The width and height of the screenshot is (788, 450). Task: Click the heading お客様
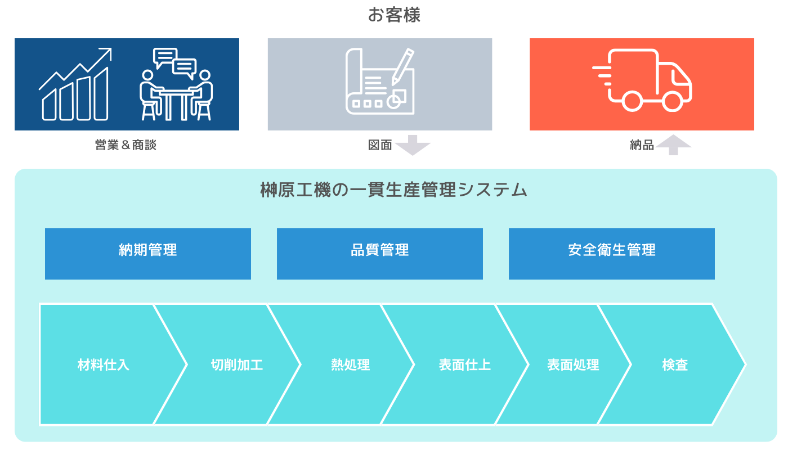coord(394,15)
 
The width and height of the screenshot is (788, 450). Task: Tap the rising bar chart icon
coord(75,84)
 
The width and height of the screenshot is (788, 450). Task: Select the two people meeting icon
coord(176,84)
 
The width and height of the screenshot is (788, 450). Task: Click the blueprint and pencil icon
coord(380,81)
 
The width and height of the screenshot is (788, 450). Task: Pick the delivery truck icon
coord(642,80)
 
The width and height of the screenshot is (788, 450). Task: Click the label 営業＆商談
coord(126,145)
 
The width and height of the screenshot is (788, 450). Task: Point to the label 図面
coord(380,145)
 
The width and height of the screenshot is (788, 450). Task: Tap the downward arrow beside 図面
coord(413,145)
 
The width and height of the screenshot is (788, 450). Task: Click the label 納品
coord(642,145)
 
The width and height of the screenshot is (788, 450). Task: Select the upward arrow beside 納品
coord(673,145)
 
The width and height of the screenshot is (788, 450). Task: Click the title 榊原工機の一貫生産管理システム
coord(394,190)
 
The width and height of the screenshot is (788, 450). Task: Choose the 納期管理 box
coord(148,254)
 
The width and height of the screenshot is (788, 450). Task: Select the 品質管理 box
coord(380,254)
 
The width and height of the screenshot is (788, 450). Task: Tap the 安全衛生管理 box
coord(612,254)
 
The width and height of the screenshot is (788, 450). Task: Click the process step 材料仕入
coord(104,364)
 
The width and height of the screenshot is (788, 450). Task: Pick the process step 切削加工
coord(236,364)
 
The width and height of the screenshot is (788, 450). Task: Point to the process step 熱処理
coord(350,364)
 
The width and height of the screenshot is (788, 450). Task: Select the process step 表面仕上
coord(464,364)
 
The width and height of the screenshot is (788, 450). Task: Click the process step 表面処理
coord(573,364)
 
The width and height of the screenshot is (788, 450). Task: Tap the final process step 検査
coord(675,364)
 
